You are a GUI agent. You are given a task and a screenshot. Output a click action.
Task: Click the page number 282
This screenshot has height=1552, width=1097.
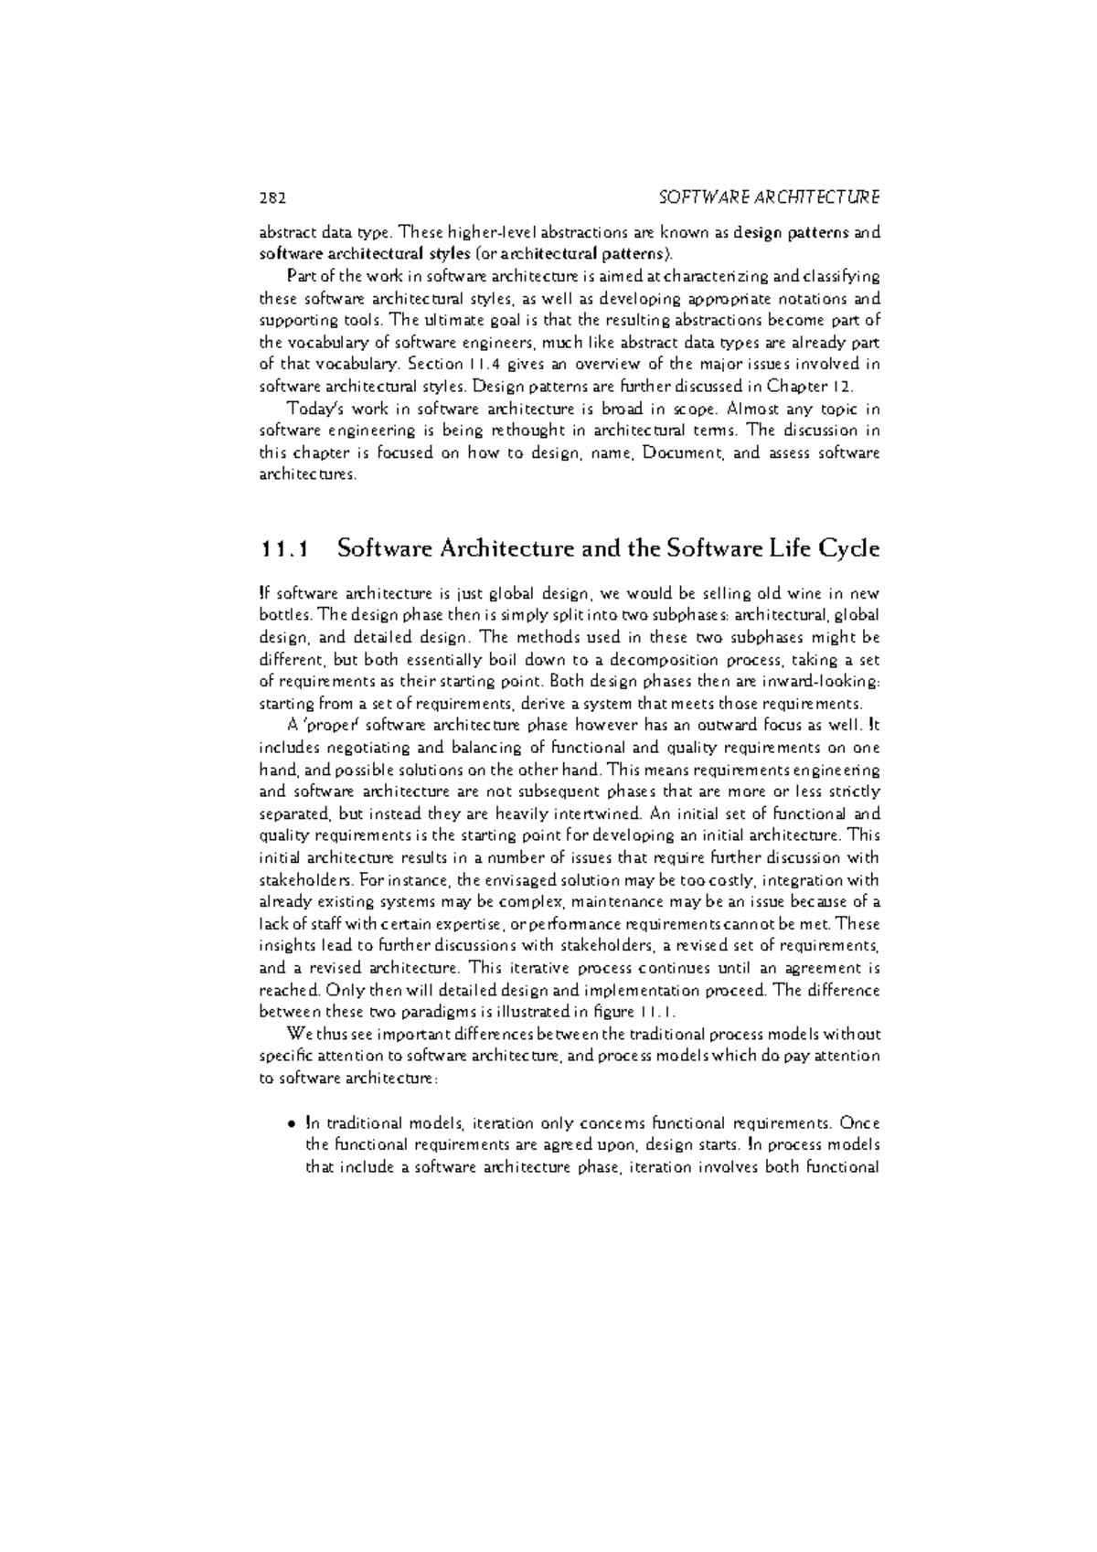click(272, 197)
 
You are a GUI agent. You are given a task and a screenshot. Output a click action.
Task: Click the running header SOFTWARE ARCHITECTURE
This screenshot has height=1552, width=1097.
click(769, 197)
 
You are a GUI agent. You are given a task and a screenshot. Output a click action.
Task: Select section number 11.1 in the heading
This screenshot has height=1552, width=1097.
click(284, 549)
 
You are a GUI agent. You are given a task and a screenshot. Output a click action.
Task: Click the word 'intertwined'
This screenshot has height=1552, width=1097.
click(605, 813)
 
